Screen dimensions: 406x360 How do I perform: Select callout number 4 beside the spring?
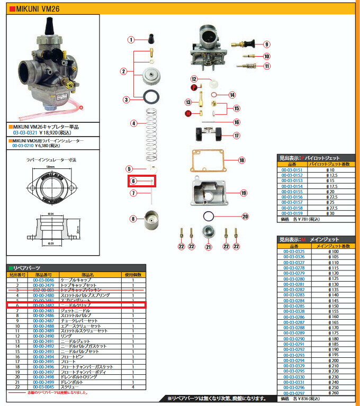point(134,123)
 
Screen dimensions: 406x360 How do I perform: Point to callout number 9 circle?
point(267,44)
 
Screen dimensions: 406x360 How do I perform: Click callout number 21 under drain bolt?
point(208,247)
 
